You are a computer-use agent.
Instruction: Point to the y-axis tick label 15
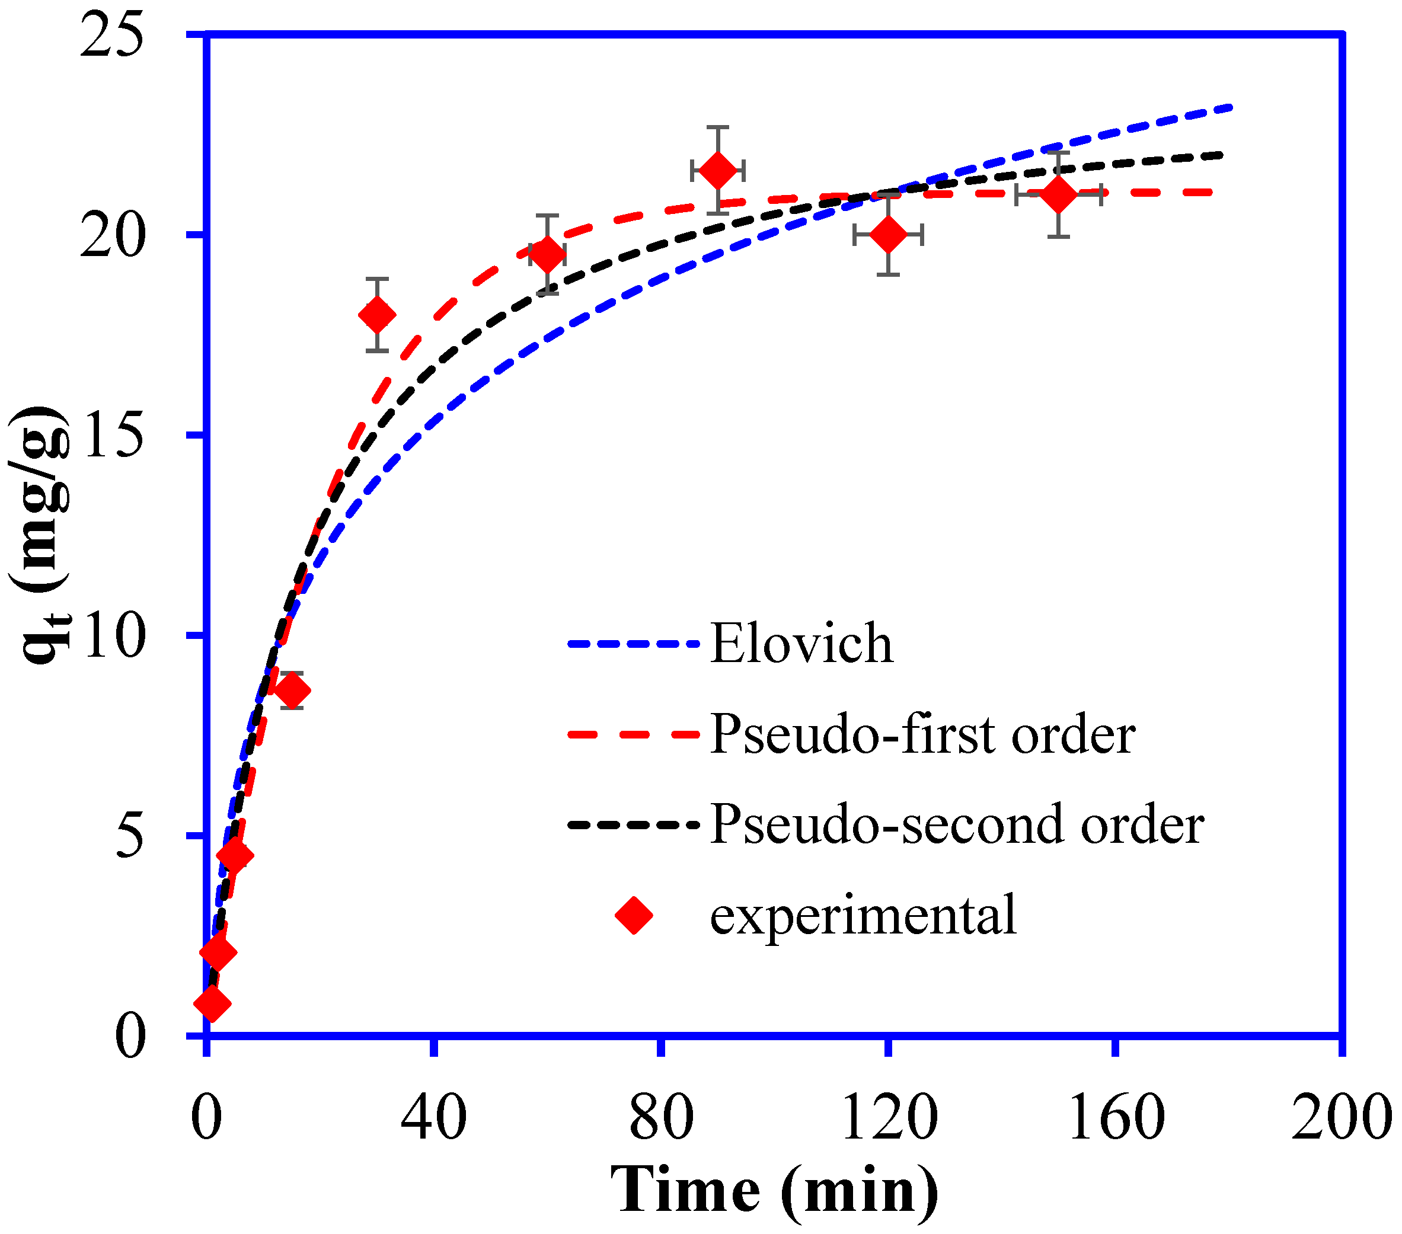tap(112, 435)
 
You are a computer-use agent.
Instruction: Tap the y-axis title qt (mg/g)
tap(41, 535)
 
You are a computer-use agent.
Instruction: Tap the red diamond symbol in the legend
tap(634, 915)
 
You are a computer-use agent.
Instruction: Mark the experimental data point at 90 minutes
tap(717, 170)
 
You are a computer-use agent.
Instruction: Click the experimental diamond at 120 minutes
tap(888, 235)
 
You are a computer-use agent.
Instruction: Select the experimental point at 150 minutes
tap(1058, 195)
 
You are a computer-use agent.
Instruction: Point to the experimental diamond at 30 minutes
tap(376, 315)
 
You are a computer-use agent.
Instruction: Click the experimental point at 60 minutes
tap(547, 254)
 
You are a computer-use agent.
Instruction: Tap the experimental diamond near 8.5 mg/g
tap(292, 690)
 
